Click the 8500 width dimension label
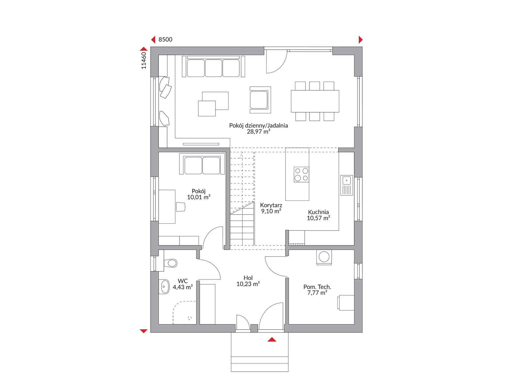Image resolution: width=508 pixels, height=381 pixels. point(165,40)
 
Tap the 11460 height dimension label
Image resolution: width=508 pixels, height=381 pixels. point(144,61)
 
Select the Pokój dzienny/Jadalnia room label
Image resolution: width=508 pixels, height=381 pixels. point(258,125)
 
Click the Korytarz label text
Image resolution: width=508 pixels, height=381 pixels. point(271,205)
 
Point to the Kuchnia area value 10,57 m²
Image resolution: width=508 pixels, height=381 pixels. point(318,218)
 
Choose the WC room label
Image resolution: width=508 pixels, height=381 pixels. point(183,281)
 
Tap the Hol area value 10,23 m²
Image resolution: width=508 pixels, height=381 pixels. point(248,284)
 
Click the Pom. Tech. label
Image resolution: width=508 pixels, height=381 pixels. point(317,287)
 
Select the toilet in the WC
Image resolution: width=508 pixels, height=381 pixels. point(170,263)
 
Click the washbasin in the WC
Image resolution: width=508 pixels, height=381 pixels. point(164,287)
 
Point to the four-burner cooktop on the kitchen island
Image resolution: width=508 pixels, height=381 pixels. point(301,174)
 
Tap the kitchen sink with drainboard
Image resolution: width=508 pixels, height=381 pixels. point(346,185)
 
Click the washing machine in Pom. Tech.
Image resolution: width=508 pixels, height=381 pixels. point(324,257)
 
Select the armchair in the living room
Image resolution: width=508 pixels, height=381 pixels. point(260,100)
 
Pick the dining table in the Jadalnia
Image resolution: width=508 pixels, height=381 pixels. point(315,101)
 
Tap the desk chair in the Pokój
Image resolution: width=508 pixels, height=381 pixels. point(181,207)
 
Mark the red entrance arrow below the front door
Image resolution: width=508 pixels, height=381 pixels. point(272,339)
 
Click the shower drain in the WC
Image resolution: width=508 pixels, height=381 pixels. point(190,318)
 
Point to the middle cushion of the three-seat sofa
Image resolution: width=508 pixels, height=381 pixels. point(214,68)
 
